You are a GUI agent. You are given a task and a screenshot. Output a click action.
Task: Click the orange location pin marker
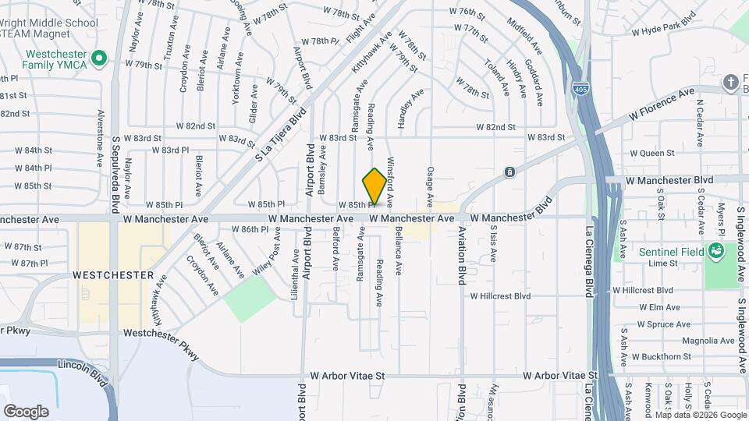pyautogui.click(x=374, y=186)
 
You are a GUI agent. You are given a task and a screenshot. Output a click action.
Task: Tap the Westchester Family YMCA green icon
pyautogui.click(x=98, y=58)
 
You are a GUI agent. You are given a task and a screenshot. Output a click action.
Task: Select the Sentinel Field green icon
pyautogui.click(x=715, y=251)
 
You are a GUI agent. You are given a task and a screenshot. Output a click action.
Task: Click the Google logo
pyautogui.click(x=26, y=411)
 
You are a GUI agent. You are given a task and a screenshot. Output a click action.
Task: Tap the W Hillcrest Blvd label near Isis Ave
pyautogui.click(x=500, y=296)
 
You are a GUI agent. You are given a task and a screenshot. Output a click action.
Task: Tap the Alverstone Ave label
pyautogui.click(x=100, y=143)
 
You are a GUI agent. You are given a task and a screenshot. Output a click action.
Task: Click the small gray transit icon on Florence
pyautogui.click(x=509, y=172)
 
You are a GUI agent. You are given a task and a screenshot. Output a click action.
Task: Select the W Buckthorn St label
pyautogui.click(x=662, y=356)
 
